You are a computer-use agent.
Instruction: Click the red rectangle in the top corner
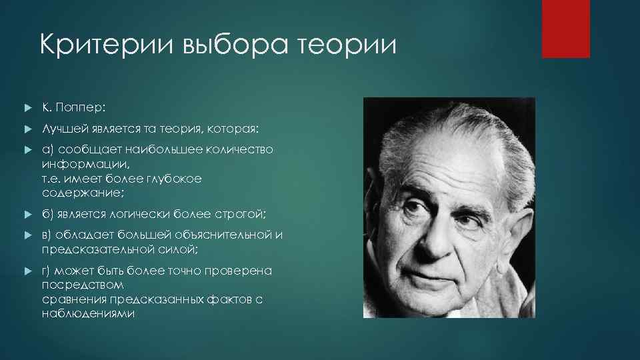(x=565, y=29)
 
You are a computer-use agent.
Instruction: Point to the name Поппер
(x=79, y=107)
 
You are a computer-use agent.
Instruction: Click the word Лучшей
(x=61, y=128)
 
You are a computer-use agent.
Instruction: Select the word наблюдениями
(x=89, y=313)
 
